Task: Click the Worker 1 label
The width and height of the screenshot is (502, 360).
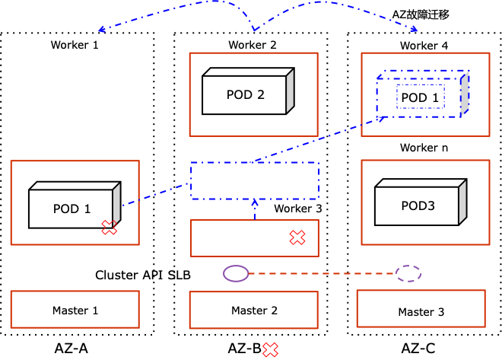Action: coord(75,45)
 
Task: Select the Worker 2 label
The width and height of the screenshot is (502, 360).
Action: coord(253,45)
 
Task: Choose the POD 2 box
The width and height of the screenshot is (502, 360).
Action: coord(245,95)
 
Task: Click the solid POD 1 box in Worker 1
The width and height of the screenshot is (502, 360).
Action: coord(71,209)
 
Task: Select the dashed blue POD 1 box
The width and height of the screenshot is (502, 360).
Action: coord(420,97)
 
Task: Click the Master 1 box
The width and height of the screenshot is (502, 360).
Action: coord(75,310)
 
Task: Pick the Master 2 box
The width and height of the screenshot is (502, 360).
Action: coord(254,310)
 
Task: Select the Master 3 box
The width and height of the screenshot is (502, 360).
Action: coord(415,312)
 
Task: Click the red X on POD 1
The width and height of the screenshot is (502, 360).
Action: coord(110,227)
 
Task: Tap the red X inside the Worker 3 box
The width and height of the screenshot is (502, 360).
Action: coord(297,238)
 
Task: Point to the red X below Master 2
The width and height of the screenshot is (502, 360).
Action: coord(270,350)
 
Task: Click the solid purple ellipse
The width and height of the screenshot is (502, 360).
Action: coord(236,273)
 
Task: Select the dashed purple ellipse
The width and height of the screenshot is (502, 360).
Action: coord(408,273)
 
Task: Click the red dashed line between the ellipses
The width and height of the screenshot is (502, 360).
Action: coord(322,273)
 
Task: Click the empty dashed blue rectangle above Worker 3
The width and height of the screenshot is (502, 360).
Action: coord(254,181)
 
